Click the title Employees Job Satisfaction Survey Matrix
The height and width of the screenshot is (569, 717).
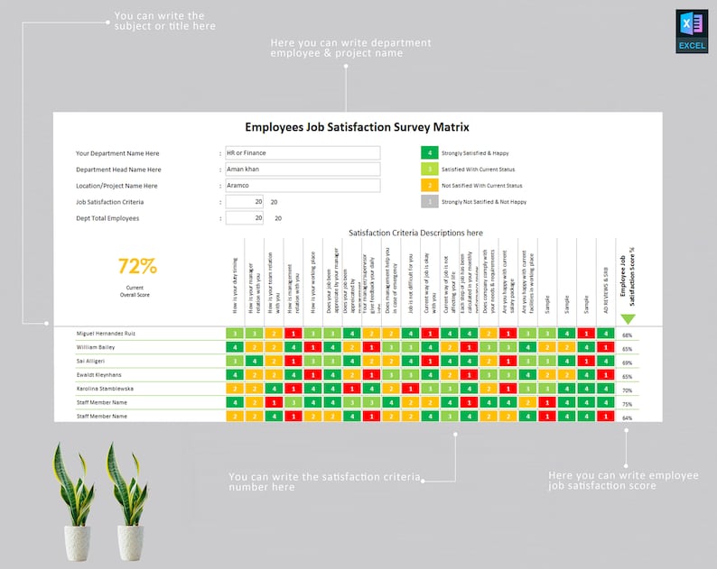[358, 127]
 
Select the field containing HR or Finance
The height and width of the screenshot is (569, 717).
[303, 153]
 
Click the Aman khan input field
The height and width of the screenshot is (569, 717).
[303, 170]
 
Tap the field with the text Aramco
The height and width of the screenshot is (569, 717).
[303, 186]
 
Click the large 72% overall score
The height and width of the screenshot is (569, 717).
[138, 266]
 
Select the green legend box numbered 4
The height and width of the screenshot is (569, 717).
[430, 153]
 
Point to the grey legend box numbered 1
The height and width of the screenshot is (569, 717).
[430, 202]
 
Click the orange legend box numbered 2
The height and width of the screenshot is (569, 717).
[430, 186]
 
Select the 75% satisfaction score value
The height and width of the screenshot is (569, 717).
[627, 404]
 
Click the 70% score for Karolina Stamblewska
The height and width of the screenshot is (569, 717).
[627, 390]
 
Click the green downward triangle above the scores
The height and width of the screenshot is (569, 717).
[628, 318]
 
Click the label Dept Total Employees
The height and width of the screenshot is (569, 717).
[107, 218]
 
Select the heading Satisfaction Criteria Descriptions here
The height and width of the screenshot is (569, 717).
[415, 233]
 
